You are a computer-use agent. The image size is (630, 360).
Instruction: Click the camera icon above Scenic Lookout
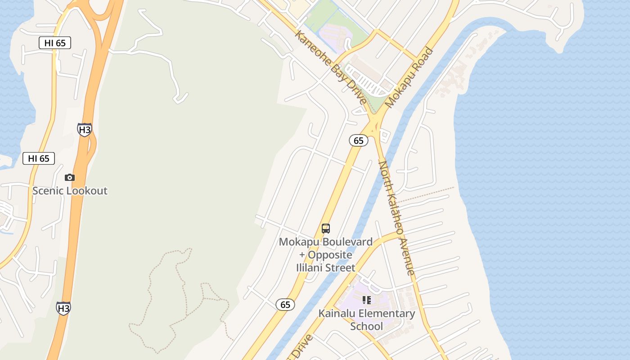(x=69, y=178)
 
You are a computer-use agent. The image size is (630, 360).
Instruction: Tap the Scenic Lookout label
(x=70, y=191)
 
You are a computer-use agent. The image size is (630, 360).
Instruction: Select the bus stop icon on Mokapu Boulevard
(x=326, y=229)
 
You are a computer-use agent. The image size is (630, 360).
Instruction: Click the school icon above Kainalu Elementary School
(x=367, y=300)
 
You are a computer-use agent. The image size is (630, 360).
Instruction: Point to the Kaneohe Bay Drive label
(x=331, y=67)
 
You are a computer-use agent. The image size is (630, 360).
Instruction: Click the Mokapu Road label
(x=409, y=77)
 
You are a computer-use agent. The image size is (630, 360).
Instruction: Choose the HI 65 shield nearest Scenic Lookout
(x=39, y=158)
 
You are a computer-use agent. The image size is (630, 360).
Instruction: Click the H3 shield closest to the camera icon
(x=84, y=130)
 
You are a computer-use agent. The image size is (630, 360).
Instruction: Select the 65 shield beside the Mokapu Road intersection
(x=359, y=141)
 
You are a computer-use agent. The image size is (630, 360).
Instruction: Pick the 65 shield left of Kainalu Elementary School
(x=285, y=305)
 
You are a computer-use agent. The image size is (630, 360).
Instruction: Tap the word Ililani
(x=310, y=268)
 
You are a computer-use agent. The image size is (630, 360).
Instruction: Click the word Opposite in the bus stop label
(x=330, y=255)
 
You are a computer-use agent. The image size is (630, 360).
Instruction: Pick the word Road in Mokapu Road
(x=423, y=58)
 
